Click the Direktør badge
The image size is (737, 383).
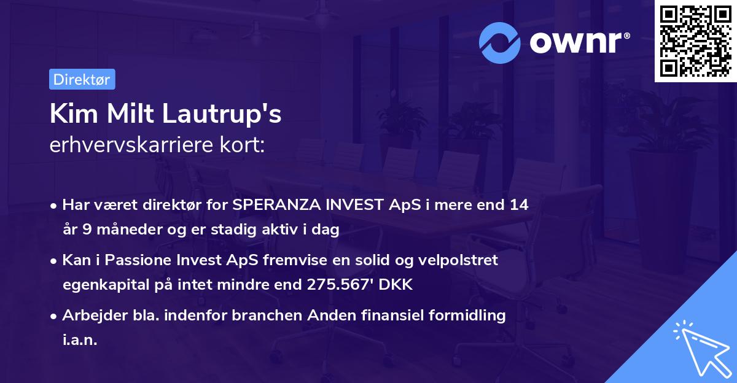[82, 79]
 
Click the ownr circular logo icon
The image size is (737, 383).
[499, 43]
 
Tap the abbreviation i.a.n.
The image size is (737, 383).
[80, 340]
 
